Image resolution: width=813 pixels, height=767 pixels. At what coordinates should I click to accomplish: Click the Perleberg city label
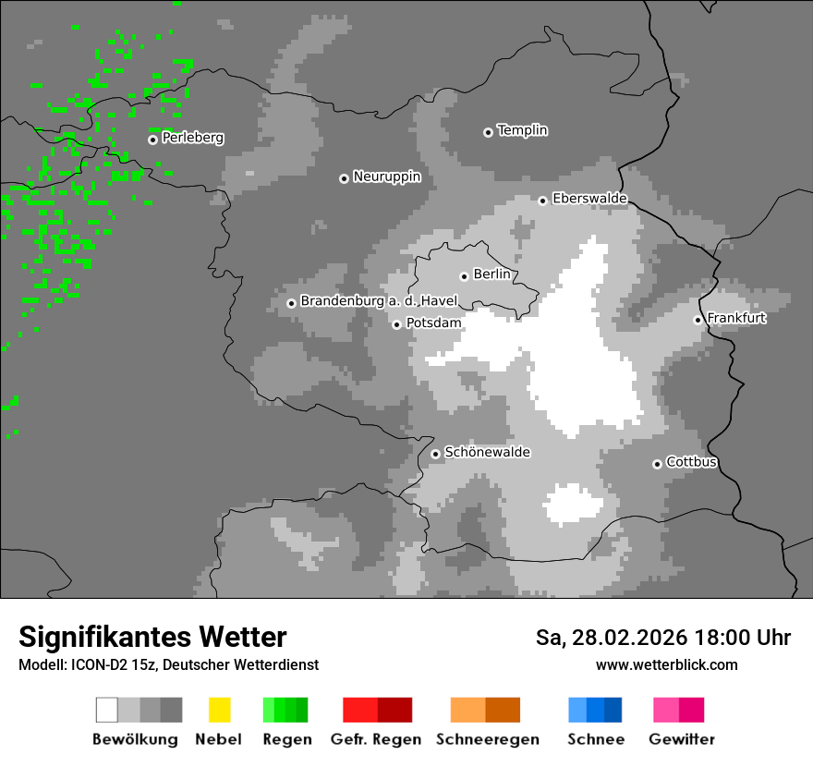click(x=192, y=138)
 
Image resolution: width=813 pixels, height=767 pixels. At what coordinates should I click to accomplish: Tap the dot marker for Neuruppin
click(x=344, y=178)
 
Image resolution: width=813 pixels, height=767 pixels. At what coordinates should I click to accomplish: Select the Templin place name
click(x=522, y=130)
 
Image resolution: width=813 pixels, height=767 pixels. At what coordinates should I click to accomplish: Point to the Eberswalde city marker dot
click(x=543, y=201)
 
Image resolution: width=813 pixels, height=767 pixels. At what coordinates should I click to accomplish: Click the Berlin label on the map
click(x=491, y=274)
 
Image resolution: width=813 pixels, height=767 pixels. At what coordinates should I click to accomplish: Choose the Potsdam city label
click(x=433, y=323)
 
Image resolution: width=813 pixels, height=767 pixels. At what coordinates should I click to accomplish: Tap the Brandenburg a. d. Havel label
click(x=379, y=301)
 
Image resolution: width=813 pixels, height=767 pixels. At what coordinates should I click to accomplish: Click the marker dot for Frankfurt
click(x=698, y=320)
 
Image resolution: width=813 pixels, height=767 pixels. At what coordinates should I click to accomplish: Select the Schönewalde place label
click(x=487, y=453)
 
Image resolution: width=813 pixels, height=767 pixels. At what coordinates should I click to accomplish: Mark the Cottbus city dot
click(x=657, y=464)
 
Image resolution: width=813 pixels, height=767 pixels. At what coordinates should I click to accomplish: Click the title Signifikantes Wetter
click(x=152, y=637)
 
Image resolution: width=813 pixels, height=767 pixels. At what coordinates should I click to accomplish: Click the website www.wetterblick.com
click(x=666, y=665)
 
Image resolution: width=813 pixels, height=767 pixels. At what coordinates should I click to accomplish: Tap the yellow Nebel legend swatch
click(x=219, y=710)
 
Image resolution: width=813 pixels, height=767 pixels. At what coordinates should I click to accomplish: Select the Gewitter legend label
click(x=681, y=739)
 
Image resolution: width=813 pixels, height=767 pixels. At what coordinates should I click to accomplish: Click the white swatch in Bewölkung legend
click(x=107, y=710)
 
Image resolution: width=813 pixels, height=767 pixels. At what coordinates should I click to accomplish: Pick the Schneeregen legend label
click(x=487, y=739)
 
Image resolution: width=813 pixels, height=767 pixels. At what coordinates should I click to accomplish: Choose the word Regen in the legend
click(x=285, y=739)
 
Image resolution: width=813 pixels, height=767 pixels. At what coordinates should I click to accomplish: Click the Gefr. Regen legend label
click(x=375, y=739)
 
